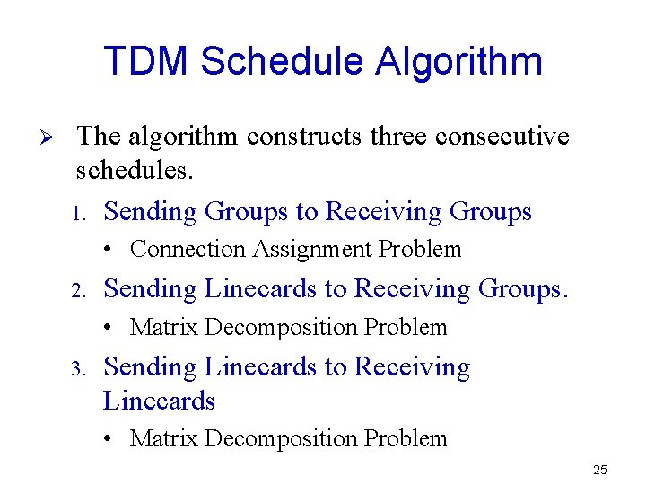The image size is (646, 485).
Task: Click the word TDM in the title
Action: click(146, 61)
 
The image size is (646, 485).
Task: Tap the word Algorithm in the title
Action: click(458, 61)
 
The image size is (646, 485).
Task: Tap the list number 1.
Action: click(78, 214)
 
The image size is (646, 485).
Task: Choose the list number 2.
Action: click(78, 291)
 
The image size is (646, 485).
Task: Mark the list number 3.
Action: click(78, 369)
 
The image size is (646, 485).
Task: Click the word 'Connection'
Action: click(188, 249)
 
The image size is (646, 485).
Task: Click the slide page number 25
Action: click(600, 470)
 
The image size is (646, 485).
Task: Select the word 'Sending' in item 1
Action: click(150, 212)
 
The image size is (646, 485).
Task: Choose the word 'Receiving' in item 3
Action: click(412, 367)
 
